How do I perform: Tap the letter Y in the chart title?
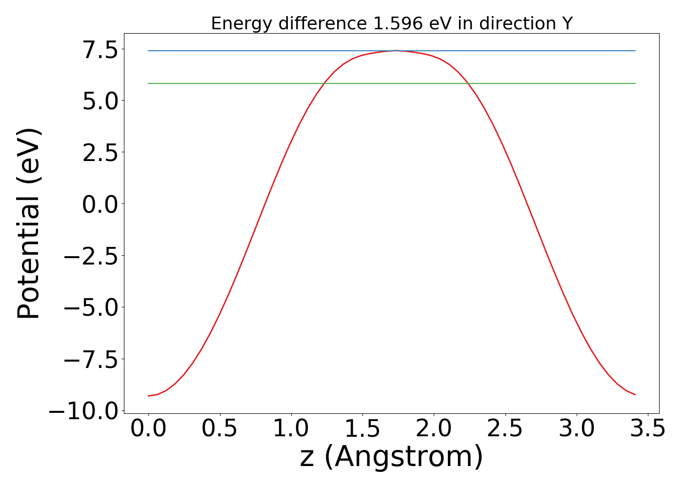566,23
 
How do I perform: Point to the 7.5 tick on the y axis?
100,50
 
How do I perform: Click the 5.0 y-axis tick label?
100,102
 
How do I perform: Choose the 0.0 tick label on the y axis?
100,204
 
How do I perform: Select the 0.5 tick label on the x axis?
220,429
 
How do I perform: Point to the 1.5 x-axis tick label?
362,429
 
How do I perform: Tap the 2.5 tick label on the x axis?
505,429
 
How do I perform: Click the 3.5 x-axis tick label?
647,429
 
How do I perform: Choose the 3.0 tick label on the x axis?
577,429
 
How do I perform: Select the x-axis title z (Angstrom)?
391,458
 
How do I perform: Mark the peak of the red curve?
396,50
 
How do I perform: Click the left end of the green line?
148,83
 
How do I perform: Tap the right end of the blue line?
635,51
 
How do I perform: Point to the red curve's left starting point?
148,396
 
